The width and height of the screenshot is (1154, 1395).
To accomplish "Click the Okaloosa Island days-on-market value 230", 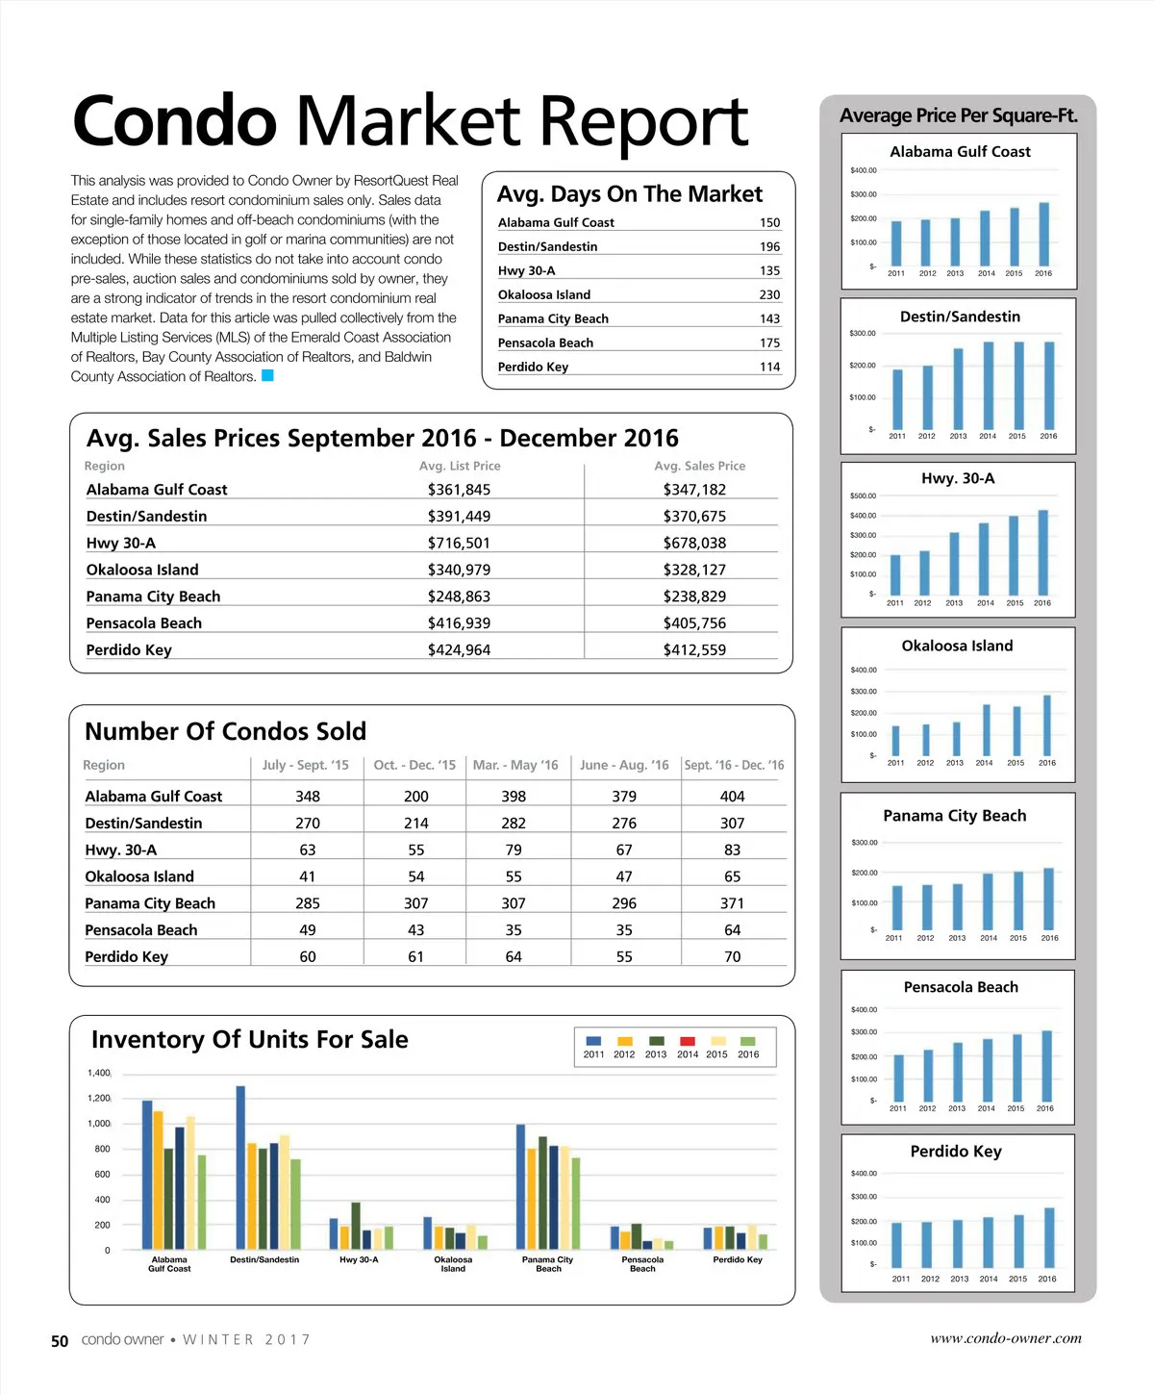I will [x=769, y=294].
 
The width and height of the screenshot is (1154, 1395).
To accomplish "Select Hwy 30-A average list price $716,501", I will [x=459, y=543].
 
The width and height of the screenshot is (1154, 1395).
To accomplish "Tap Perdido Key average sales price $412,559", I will [x=694, y=649].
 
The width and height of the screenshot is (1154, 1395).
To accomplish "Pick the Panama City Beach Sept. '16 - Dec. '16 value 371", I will [x=732, y=902].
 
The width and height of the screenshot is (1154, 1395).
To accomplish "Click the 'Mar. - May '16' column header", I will [x=515, y=765].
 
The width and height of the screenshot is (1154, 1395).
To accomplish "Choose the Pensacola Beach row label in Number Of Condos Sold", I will [x=140, y=929].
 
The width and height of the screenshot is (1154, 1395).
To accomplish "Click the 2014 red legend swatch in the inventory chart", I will [x=688, y=1041].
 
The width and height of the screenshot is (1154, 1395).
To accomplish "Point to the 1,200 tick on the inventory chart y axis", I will [x=99, y=1098].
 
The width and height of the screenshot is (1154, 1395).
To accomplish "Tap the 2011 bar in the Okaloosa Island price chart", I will [x=895, y=740].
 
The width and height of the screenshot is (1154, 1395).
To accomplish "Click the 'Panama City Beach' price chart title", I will [x=954, y=816].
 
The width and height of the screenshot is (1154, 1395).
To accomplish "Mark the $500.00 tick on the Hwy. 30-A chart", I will [x=863, y=496].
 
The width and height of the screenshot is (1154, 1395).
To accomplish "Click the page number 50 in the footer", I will [x=60, y=1341].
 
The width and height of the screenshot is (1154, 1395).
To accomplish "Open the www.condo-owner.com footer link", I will [x=1005, y=1338].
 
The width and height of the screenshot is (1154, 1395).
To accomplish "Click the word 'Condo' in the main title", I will [x=174, y=122].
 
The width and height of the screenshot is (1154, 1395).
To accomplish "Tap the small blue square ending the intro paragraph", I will [x=268, y=375].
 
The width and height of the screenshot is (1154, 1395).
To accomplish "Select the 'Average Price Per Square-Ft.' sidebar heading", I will [x=958, y=115].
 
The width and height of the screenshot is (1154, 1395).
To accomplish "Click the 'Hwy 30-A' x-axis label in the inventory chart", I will [x=359, y=1259].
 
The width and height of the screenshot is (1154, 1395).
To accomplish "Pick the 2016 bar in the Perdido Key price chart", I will [x=1049, y=1237].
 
